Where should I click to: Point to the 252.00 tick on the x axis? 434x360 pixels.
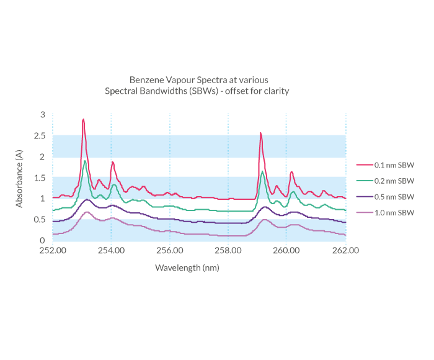pos(53,251)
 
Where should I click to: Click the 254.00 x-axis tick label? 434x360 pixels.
pos(111,251)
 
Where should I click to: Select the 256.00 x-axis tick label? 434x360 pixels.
pos(170,251)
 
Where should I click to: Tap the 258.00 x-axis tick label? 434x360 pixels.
pos(228,251)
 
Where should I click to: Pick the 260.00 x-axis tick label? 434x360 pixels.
pos(286,251)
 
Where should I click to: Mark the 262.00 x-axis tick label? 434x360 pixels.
pos(345,251)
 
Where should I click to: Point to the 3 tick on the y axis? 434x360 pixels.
pos(43,115)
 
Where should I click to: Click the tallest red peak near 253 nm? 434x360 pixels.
pos(83,119)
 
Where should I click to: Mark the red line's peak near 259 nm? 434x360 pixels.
pos(260,133)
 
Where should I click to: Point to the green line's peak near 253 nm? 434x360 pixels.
pos(84,161)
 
